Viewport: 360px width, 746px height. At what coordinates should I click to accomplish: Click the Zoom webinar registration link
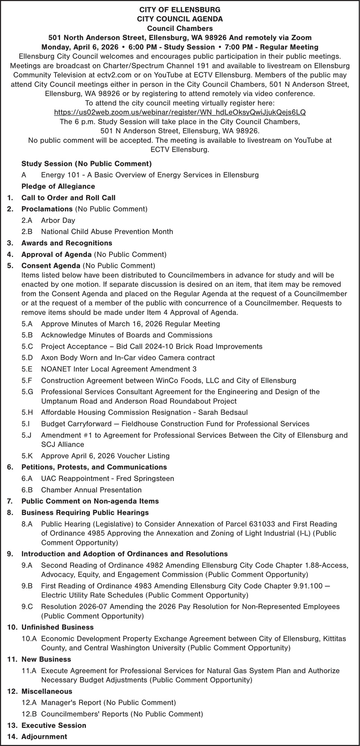[180, 112]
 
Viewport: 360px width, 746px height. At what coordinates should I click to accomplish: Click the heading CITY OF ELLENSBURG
[180, 10]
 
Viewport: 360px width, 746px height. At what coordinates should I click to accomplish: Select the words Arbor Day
[58, 220]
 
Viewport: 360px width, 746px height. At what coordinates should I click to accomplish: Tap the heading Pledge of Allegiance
[58, 186]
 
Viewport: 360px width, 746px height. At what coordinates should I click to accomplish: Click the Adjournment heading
[44, 737]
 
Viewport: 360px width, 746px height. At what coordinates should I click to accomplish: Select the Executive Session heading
[54, 725]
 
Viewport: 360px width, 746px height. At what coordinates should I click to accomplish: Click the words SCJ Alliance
[62, 444]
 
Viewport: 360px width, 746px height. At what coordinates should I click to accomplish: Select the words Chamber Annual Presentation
[91, 490]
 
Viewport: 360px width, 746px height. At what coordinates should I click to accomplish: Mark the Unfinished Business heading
[57, 627]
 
